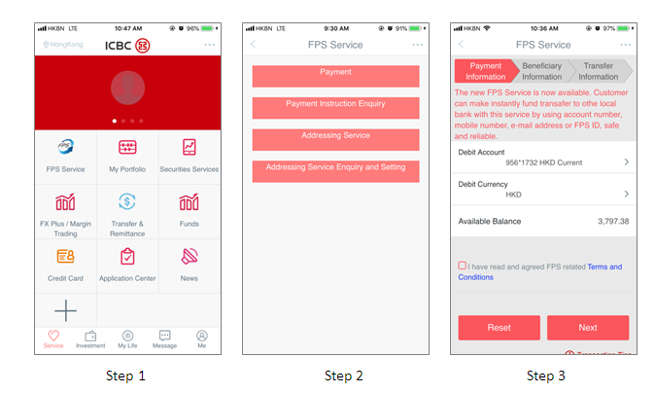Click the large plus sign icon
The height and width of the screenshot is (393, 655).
point(65,311)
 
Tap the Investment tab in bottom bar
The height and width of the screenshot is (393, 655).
point(90,339)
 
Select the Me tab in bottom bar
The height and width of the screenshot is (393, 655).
point(201,339)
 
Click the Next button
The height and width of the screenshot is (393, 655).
point(588,328)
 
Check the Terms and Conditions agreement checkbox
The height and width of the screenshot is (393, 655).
point(462,266)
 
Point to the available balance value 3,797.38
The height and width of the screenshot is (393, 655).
point(612,222)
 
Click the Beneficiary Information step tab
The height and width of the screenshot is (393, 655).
point(542,71)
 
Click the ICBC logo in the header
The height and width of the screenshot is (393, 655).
point(127,46)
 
